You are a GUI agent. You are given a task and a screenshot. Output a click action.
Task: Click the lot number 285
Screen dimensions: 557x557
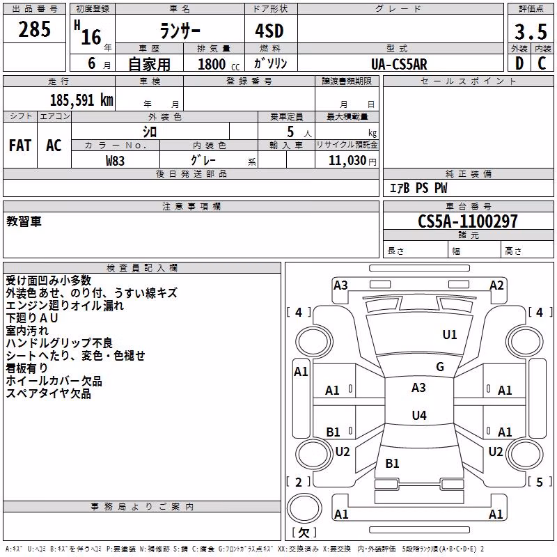tap(34, 29)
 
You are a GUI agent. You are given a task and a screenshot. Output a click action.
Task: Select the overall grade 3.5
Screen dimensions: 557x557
tap(531, 32)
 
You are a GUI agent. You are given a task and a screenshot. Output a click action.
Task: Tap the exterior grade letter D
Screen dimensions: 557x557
tap(519, 63)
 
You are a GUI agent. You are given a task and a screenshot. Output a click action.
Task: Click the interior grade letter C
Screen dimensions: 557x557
tap(542, 63)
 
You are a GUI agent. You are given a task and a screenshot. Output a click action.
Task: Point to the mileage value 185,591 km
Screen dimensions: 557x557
tap(81, 100)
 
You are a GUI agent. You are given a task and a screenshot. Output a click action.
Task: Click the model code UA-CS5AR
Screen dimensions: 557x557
tap(399, 64)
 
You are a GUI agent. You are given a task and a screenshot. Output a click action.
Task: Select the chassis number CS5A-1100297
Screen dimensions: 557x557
tap(467, 221)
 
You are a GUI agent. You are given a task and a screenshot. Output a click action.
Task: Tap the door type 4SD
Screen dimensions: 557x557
tap(269, 31)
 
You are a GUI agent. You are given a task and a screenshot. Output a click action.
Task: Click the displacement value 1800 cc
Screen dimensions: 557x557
tap(219, 64)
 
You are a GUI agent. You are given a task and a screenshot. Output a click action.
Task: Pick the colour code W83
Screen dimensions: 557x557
tap(115, 161)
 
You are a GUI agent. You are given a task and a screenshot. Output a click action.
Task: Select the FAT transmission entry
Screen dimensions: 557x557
tap(20, 146)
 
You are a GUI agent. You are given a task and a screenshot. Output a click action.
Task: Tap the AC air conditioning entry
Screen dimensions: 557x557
tap(54, 146)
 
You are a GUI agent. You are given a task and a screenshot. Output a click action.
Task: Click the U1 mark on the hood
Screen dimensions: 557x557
tap(449, 334)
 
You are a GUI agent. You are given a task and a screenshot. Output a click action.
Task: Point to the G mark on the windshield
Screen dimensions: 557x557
tap(440, 366)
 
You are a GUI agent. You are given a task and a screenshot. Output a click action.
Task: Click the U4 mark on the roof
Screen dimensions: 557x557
tap(419, 415)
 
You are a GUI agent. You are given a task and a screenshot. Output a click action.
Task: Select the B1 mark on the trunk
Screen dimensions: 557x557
tap(392, 463)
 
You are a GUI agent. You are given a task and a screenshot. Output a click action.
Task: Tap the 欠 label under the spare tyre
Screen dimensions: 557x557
tap(304, 532)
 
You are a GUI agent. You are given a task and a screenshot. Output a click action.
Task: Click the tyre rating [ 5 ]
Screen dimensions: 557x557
tap(540, 482)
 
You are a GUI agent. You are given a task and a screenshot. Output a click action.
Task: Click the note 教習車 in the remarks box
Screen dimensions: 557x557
tap(24, 221)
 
